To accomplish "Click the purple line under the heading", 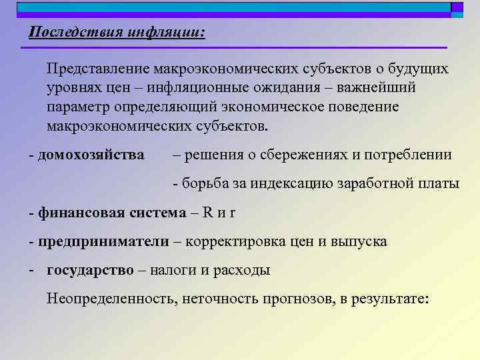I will click(233, 48).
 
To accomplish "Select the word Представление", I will click(98, 69).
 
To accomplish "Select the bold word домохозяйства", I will click(91, 155).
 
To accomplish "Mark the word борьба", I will click(205, 183).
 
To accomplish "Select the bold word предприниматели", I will click(103, 241).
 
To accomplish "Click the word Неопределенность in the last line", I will click(111, 299).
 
